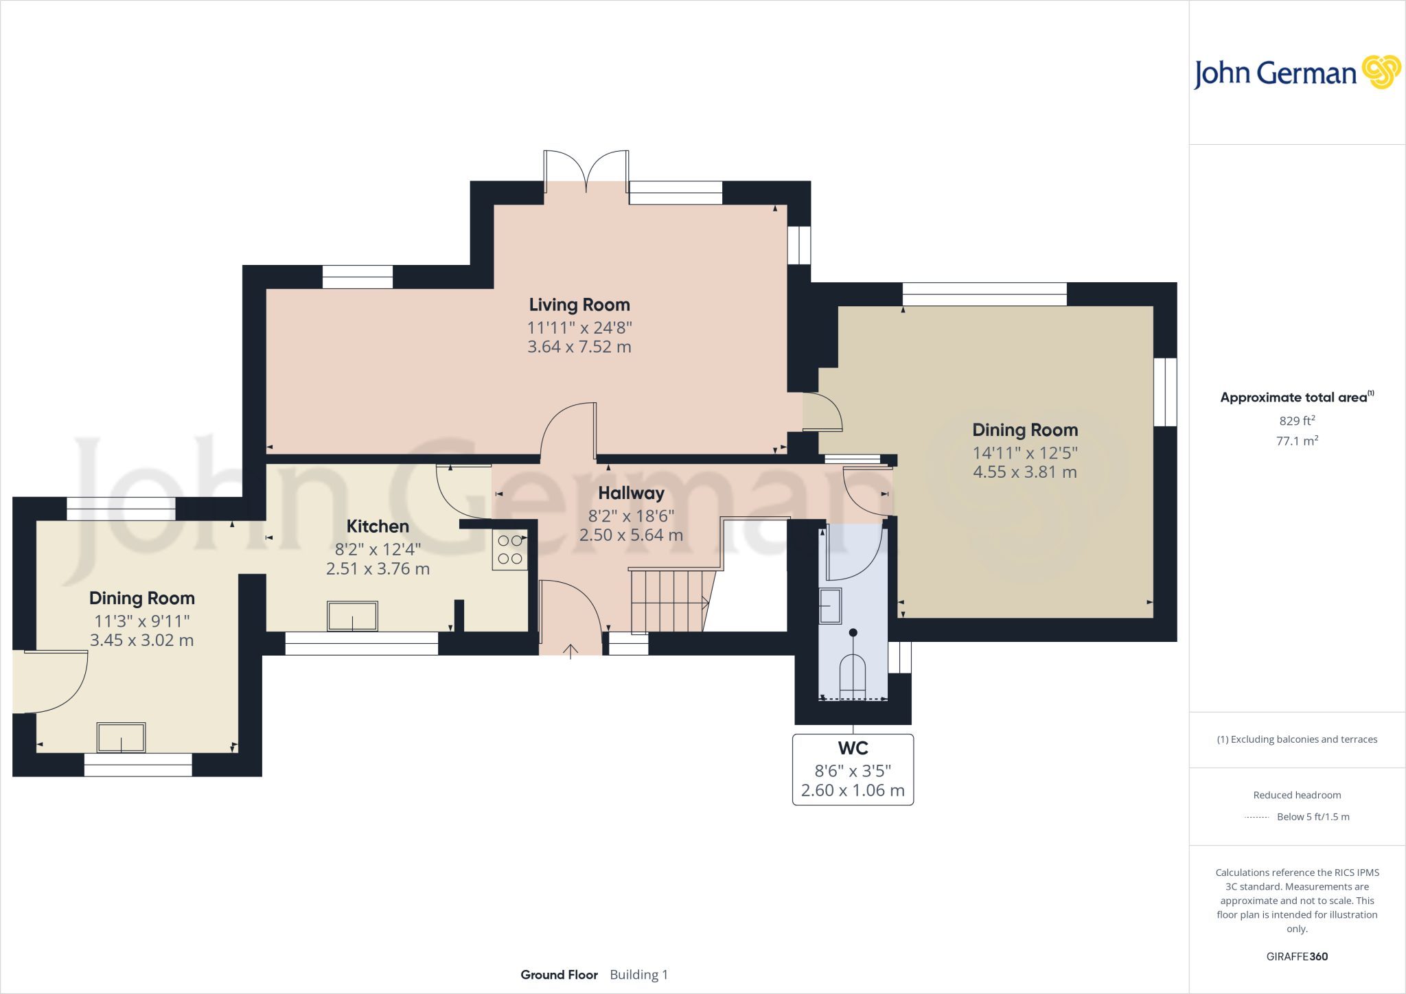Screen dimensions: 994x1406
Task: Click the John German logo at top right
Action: (x=1296, y=73)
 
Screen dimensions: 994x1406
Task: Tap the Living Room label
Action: (x=579, y=305)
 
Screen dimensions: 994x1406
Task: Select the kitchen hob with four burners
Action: (x=509, y=549)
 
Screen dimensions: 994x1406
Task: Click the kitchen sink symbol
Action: (x=352, y=616)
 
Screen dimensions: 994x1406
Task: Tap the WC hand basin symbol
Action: (x=830, y=606)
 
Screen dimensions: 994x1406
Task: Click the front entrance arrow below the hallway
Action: (x=571, y=650)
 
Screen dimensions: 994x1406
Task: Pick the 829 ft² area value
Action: (x=1296, y=421)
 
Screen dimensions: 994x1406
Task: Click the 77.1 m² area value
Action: (x=1296, y=441)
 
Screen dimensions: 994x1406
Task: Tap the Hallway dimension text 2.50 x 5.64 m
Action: (x=631, y=535)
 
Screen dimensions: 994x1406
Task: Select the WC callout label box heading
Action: (x=853, y=748)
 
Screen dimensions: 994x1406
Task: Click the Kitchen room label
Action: (x=378, y=527)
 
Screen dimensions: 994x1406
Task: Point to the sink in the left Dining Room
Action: (x=121, y=738)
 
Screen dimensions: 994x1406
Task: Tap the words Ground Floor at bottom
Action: (x=559, y=975)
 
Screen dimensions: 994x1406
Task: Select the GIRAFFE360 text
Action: (x=1296, y=956)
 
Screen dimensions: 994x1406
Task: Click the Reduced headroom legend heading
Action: (x=1296, y=795)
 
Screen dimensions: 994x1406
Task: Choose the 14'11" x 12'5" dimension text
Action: (x=1024, y=453)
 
